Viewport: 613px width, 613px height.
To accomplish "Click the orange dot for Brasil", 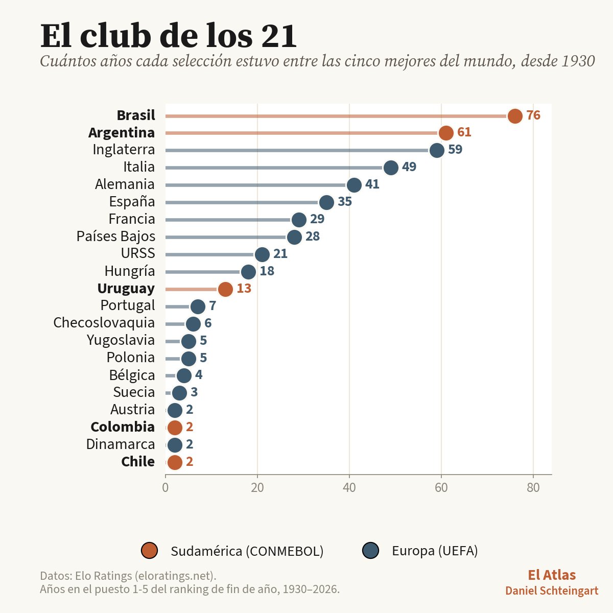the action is (x=515, y=116).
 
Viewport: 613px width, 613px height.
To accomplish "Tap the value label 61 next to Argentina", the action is (x=464, y=132).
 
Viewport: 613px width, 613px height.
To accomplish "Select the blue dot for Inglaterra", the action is (x=437, y=150).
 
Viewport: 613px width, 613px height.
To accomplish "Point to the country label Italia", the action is (x=139, y=167).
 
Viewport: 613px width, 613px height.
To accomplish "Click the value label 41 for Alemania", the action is (x=372, y=184).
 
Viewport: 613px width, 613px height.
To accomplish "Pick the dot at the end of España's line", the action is (x=326, y=202).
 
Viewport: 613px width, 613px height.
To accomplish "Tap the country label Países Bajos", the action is (x=116, y=237).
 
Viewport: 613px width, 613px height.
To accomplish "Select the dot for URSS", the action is (x=262, y=254).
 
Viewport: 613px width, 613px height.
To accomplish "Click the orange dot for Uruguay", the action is (x=225, y=289).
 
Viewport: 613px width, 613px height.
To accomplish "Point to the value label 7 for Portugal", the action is (x=213, y=305).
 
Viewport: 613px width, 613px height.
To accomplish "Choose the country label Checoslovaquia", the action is (x=104, y=322).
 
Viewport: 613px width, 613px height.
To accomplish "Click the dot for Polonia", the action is (x=188, y=359).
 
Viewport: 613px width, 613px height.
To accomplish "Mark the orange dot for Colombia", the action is (x=175, y=428).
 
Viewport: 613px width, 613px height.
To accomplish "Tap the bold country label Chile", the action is (x=138, y=462).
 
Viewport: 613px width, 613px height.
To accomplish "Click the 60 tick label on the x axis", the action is (x=441, y=488).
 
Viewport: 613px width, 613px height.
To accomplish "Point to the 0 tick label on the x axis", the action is (x=166, y=488).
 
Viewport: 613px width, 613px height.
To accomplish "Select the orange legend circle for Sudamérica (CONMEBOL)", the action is (x=149, y=551).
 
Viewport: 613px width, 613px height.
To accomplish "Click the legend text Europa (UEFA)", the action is (x=435, y=551).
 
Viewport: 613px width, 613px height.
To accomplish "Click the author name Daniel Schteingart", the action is (x=552, y=591).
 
